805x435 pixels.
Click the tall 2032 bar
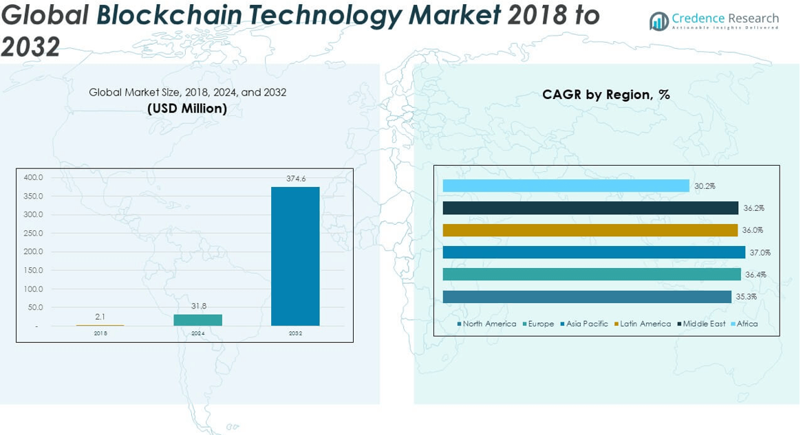point(295,256)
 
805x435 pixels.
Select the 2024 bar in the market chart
point(197,320)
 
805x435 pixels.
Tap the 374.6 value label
point(296,179)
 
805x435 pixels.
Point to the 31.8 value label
point(198,306)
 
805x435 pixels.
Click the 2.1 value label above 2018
point(100,317)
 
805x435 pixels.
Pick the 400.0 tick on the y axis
point(34,177)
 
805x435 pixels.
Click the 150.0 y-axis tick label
point(34,270)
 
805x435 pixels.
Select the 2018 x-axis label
point(100,333)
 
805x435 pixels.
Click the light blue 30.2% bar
point(566,186)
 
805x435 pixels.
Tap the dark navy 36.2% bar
point(590,208)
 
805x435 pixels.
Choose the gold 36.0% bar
point(590,230)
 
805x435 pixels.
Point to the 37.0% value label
point(760,252)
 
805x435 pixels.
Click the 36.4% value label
point(755,275)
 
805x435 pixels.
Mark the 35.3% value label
point(746,297)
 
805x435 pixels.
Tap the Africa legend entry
point(747,324)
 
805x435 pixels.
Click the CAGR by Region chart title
point(605,95)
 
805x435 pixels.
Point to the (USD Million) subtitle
point(187,109)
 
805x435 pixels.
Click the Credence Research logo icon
point(659,21)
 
